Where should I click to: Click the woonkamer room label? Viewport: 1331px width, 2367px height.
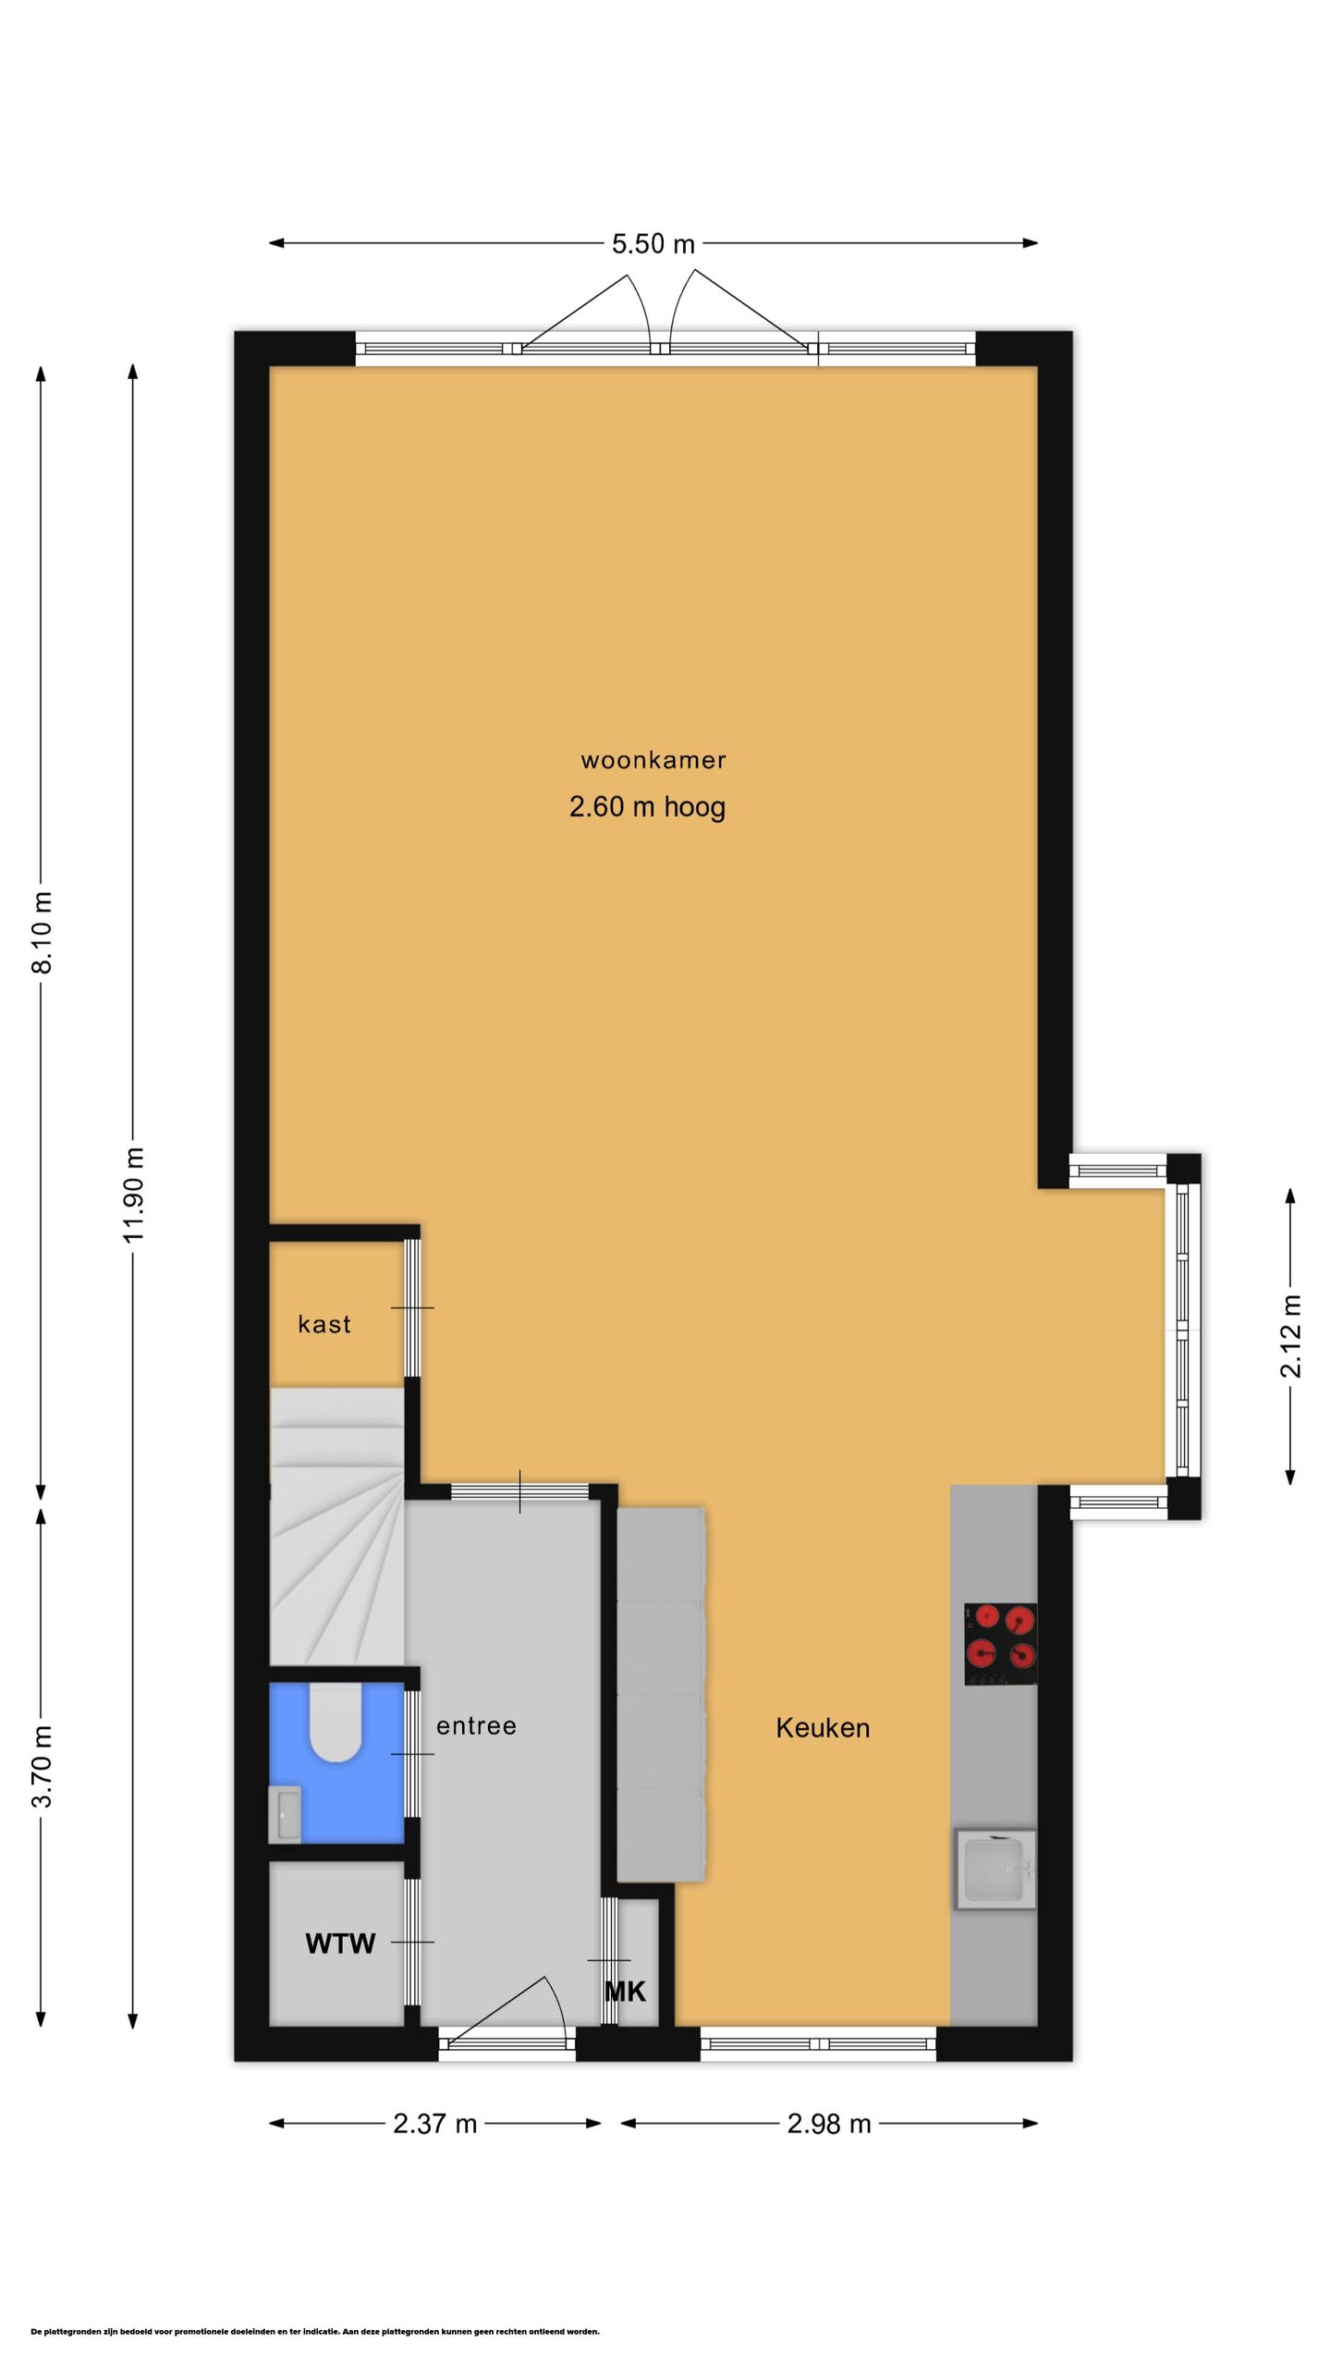coord(653,760)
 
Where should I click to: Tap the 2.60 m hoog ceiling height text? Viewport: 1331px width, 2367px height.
coord(647,807)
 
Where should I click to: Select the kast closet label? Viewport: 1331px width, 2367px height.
coord(324,1324)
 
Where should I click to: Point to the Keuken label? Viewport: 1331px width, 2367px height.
coord(823,1727)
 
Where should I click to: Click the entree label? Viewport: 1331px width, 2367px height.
coord(476,1725)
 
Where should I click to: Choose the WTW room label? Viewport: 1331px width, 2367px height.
coord(340,1944)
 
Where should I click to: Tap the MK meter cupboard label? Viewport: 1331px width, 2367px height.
coord(625,1992)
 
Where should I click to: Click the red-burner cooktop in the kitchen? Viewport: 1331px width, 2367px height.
coord(1000,1644)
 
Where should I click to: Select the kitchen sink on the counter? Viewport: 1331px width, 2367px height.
coord(995,1869)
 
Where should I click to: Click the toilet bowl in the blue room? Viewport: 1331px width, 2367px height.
coord(335,1722)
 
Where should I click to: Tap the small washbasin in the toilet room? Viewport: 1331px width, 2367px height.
coord(285,1814)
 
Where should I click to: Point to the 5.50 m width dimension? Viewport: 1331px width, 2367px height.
coord(653,243)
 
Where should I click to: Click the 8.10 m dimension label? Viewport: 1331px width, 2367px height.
coord(43,932)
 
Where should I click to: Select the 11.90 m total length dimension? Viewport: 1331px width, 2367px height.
coord(133,1196)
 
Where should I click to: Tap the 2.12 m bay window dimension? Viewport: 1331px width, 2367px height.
coord(1290,1336)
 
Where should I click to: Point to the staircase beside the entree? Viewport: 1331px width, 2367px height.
coord(336,1526)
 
